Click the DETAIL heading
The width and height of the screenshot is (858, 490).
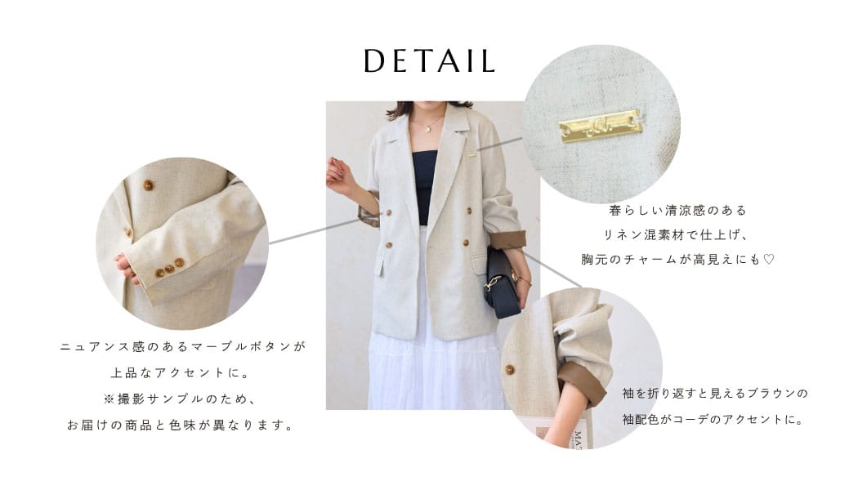pyautogui.click(x=429, y=60)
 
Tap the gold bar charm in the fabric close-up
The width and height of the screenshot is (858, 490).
pyautogui.click(x=599, y=127)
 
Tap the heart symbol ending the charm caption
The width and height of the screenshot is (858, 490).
pyautogui.click(x=769, y=259)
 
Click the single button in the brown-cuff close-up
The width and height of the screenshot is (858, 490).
pyautogui.click(x=509, y=370)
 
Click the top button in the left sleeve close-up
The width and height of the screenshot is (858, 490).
pyautogui.click(x=148, y=185)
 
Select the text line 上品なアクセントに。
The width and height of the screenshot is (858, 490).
pyautogui.click(x=181, y=373)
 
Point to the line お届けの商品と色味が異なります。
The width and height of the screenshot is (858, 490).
pyautogui.click(x=181, y=425)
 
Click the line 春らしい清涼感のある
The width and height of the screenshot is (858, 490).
pyautogui.click(x=677, y=211)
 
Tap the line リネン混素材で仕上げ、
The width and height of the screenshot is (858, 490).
pyautogui.click(x=676, y=235)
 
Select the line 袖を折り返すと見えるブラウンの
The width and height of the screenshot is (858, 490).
pyautogui.click(x=715, y=394)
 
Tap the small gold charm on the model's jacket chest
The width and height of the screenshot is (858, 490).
pyautogui.click(x=471, y=156)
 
